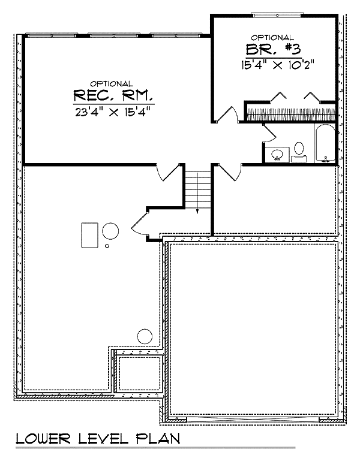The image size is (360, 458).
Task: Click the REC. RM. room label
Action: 113,95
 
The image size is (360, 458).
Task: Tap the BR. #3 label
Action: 273,49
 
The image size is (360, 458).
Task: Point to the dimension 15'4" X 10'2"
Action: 278,65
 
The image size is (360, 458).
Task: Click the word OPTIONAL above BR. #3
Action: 272,37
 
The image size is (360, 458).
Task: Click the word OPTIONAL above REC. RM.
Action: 111,84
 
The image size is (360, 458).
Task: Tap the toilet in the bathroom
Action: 299,152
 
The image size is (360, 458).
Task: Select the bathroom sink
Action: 277,154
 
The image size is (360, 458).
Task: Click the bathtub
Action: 325,143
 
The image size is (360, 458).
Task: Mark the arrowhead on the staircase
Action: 197,211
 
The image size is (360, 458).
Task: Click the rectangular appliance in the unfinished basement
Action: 89,235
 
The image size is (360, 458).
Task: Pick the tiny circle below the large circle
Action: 107,246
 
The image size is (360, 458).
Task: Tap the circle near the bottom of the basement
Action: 145,336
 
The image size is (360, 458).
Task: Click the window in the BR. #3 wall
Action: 277,14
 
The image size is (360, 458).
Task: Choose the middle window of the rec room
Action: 114,35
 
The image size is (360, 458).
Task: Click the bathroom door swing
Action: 269,134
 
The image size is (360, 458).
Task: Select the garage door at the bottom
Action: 253,420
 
